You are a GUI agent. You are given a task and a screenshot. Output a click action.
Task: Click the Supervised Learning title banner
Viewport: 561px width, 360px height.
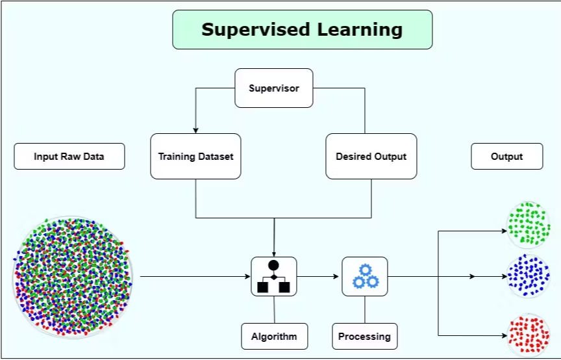303,30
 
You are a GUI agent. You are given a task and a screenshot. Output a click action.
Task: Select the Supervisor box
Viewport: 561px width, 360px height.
274,88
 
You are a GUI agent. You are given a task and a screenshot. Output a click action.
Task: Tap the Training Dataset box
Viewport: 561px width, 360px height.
195,157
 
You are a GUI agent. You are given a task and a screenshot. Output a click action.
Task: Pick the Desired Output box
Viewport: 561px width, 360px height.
371,157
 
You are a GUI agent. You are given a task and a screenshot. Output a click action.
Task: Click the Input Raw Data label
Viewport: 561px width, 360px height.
69,157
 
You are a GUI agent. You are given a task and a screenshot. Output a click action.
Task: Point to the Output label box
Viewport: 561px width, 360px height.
507,157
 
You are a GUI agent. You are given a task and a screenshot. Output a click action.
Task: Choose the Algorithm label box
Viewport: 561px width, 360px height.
275,337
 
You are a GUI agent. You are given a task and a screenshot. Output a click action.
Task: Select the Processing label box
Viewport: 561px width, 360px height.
364,337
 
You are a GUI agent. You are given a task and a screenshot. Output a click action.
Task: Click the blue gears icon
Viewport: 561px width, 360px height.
366,277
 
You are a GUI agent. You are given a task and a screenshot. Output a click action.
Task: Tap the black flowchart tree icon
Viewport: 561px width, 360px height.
274,277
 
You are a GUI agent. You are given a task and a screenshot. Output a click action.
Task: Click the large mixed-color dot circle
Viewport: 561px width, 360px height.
73,277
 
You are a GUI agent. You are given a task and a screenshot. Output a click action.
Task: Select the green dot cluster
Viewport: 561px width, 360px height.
528,225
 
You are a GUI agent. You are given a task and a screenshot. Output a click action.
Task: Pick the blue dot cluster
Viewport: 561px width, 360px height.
529,276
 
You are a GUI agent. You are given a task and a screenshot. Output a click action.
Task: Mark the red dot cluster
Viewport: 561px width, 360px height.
529,334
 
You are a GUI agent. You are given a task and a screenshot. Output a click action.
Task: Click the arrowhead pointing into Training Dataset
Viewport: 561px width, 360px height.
195,131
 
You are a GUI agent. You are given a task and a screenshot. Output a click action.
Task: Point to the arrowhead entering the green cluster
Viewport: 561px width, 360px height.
504,231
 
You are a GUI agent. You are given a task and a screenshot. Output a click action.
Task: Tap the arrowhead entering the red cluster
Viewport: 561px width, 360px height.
504,336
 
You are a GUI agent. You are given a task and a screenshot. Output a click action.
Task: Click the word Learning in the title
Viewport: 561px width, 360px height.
360,30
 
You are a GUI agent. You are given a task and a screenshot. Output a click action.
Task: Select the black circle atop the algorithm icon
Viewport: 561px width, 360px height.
274,265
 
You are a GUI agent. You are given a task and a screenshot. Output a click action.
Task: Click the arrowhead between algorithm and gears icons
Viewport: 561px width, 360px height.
336,277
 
